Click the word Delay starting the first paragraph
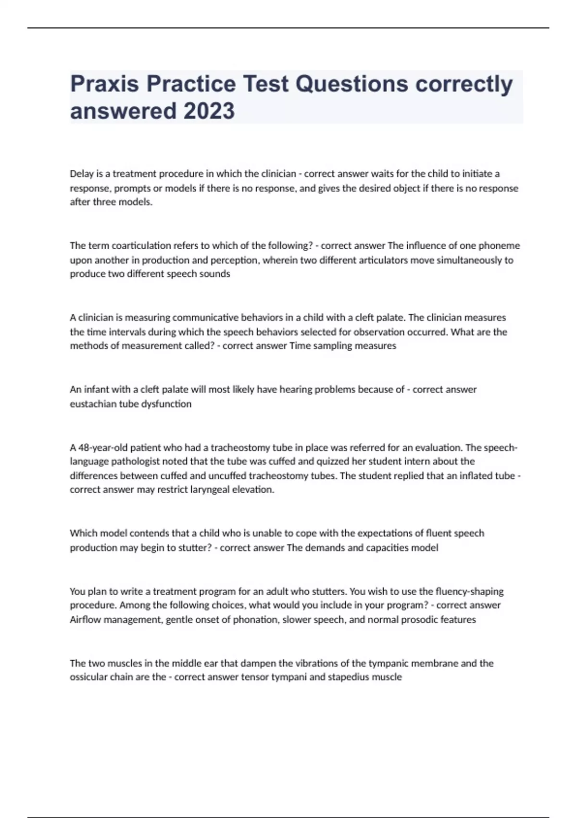[82, 174]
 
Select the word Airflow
[85, 619]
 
